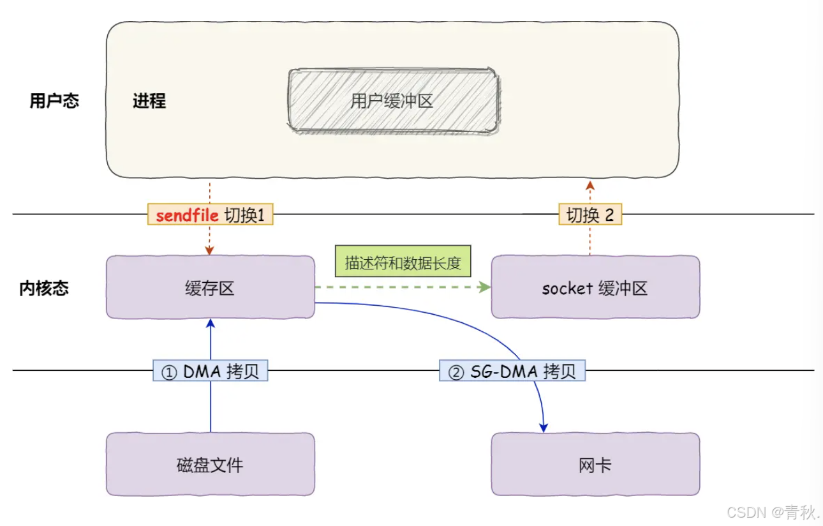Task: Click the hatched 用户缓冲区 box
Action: (x=392, y=101)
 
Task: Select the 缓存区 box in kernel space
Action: (x=210, y=288)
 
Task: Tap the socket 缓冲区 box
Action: (x=595, y=288)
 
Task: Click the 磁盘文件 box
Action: (x=210, y=464)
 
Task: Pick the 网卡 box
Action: (x=595, y=464)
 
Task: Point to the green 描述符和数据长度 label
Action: (x=403, y=262)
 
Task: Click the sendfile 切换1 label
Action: (x=210, y=215)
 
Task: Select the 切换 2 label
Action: (x=590, y=215)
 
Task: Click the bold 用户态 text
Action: (x=54, y=101)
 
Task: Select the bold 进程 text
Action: (x=149, y=101)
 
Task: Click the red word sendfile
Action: (x=187, y=215)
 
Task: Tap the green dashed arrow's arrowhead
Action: (x=486, y=288)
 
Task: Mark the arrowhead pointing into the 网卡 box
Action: (x=544, y=428)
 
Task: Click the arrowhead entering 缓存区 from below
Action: (x=210, y=323)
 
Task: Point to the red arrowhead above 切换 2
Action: (x=590, y=184)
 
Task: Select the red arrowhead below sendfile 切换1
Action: (x=210, y=252)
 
